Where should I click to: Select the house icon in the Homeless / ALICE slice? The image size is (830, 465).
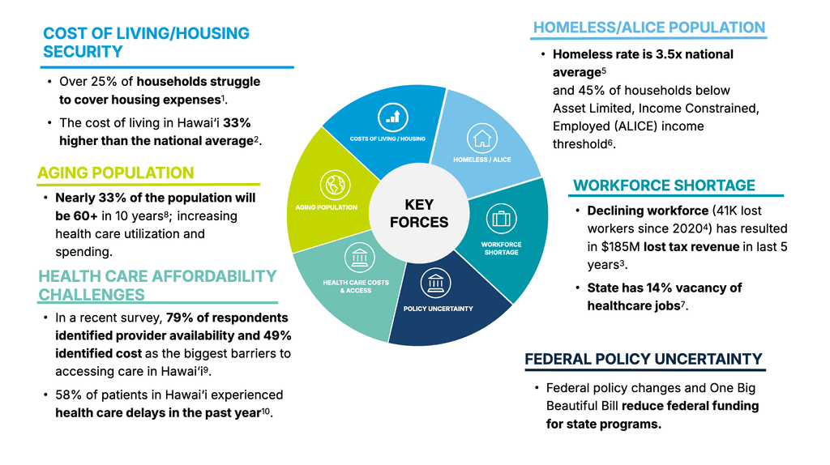482,138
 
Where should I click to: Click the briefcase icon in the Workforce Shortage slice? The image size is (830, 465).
500,219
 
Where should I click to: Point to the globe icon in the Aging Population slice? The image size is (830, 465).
332,185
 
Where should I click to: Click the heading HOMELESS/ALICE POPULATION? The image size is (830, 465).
648,28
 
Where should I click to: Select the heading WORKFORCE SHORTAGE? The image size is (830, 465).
664,186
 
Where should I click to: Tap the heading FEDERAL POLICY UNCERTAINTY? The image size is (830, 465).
643,359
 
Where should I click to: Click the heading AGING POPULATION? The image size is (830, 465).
116,173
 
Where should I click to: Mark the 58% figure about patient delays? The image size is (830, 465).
71,395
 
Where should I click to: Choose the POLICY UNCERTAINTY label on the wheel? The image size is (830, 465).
438,309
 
